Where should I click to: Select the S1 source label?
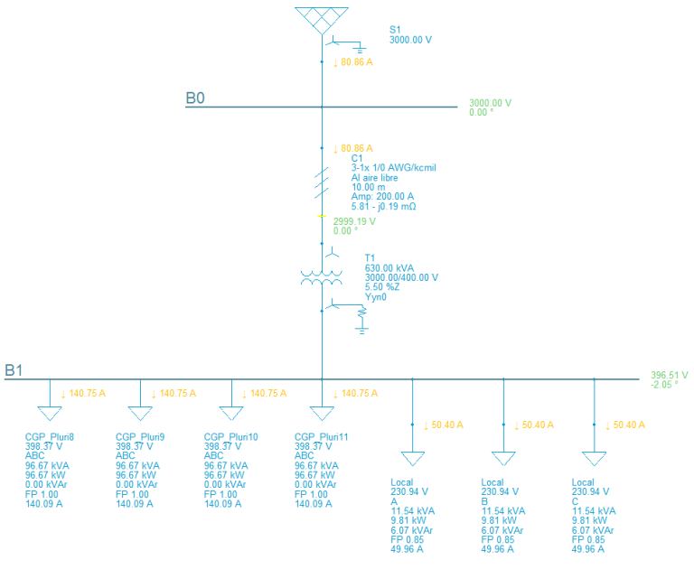395,30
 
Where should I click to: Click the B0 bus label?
195,98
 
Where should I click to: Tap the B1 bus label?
14,369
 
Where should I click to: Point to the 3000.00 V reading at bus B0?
490,103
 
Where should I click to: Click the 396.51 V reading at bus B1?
670,375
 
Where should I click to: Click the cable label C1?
357,158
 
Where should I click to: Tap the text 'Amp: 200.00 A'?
382,197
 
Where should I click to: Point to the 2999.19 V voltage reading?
354,220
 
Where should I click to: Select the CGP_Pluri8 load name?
50,437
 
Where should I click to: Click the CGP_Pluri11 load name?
322,437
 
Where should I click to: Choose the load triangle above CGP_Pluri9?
140,413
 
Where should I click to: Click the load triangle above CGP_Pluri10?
231,413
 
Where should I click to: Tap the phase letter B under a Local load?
485,501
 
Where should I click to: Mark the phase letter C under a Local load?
576,501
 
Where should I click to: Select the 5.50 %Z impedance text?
385,287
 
